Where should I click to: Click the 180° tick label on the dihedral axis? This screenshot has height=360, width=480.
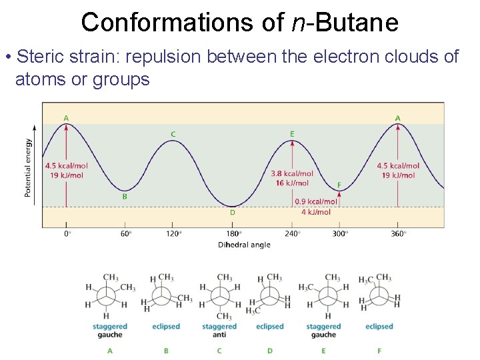(x=233, y=234)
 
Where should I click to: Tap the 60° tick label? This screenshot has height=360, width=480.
(x=126, y=234)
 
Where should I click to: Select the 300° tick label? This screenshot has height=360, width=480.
(x=339, y=234)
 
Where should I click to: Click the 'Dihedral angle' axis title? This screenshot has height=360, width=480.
(x=244, y=245)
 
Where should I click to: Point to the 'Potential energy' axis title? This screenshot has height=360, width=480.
(x=28, y=167)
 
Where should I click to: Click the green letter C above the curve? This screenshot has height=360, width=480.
(x=173, y=134)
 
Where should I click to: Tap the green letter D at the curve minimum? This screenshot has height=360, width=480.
(x=233, y=213)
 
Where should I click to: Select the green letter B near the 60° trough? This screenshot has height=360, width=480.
(x=124, y=197)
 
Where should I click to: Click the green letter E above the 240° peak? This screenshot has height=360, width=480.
(x=292, y=134)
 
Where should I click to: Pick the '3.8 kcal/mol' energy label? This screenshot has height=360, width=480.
(x=292, y=174)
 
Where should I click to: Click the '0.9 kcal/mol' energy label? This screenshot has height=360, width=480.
(x=316, y=201)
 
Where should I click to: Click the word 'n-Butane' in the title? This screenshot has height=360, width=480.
(x=345, y=23)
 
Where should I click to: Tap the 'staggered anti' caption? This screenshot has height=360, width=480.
(x=219, y=331)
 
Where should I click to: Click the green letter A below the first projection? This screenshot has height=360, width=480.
(x=110, y=350)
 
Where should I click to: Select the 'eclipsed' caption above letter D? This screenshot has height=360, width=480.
(x=270, y=327)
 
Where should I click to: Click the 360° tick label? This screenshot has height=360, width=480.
(x=398, y=234)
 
